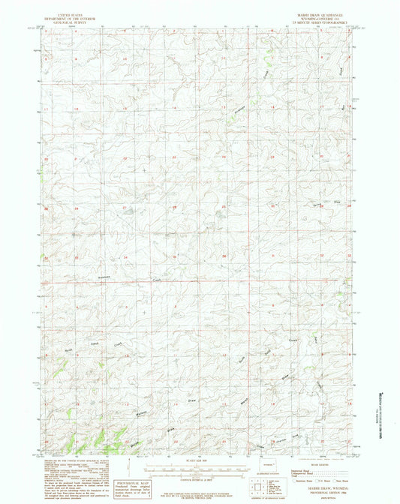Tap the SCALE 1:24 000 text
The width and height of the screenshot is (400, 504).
tap(200, 459)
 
